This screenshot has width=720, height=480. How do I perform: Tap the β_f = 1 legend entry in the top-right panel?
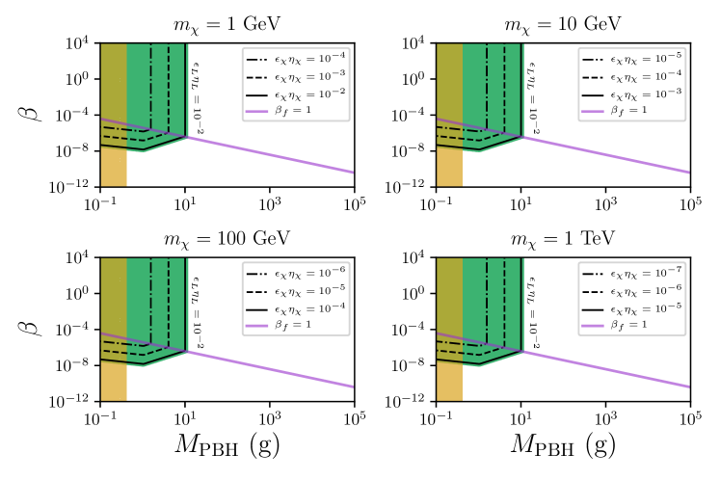(x=631, y=111)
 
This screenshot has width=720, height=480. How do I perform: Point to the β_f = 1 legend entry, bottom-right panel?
(x=631, y=325)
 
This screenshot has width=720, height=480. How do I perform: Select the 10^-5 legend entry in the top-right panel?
(x=631, y=58)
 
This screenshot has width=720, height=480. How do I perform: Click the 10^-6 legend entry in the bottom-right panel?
(x=631, y=290)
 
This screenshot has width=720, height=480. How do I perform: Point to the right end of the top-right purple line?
(x=688, y=172)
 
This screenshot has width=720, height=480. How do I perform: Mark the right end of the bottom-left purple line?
(x=353, y=387)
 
